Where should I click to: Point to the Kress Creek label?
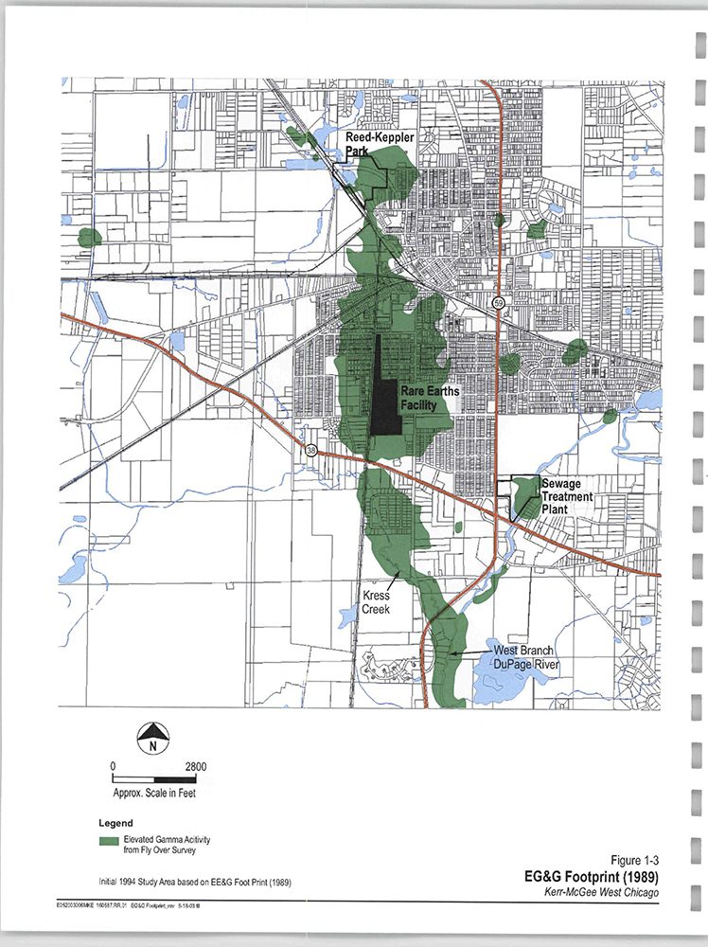[377, 603]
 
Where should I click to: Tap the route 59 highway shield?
[497, 303]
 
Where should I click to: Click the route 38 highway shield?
[312, 451]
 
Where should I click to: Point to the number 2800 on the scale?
[196, 767]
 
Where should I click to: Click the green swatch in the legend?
[109, 840]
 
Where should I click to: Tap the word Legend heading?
[115, 822]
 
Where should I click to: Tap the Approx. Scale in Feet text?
[154, 794]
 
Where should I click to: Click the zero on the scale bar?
[113, 767]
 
